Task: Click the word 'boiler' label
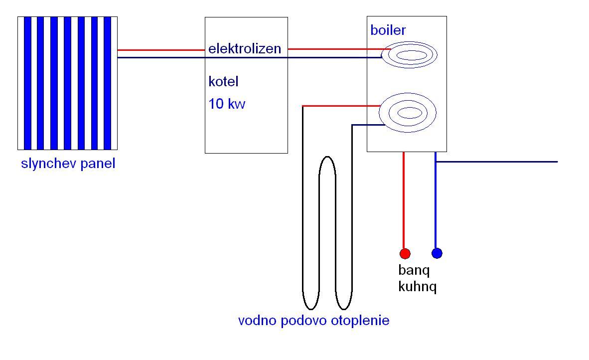pos(388,30)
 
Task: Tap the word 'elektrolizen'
pos(245,49)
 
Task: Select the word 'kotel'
pos(223,81)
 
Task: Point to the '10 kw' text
pos(227,104)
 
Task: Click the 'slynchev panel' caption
pos(68,164)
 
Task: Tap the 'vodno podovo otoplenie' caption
pos(313,321)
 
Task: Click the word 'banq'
pos(414,271)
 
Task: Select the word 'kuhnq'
pos(417,287)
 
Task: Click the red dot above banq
pos(405,254)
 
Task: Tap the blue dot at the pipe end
pos(437,253)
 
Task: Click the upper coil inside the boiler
pos(410,55)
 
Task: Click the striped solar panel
pos(68,83)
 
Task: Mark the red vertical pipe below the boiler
pos(404,199)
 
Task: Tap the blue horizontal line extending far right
pos(498,162)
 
